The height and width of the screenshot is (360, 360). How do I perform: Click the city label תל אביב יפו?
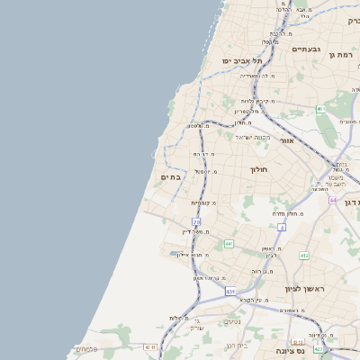[x=242, y=60]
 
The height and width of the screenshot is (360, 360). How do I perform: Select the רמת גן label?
[x=343, y=56]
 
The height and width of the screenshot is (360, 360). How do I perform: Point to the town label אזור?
[x=287, y=140]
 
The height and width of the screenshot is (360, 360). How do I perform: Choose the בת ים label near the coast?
[x=171, y=177]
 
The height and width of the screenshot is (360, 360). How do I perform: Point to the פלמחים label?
[x=86, y=349]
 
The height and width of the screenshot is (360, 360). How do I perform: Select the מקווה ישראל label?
[x=254, y=137]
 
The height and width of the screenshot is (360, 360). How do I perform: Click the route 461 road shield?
[x=320, y=109]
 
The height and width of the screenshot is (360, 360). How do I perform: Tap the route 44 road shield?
[x=333, y=200]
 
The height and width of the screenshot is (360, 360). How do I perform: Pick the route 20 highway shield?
[x=196, y=221]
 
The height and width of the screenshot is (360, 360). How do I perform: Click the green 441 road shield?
[x=229, y=244]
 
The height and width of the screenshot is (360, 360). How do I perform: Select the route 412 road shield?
[x=304, y=256]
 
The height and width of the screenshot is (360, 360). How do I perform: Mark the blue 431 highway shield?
[x=230, y=292]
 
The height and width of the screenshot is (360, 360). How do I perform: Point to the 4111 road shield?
[x=149, y=347]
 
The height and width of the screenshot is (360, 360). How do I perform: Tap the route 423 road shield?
[x=319, y=347]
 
